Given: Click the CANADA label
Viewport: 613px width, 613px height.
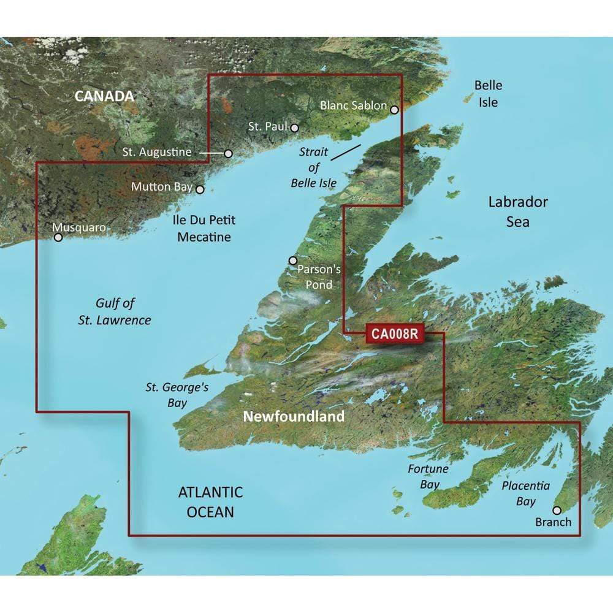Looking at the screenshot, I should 104,96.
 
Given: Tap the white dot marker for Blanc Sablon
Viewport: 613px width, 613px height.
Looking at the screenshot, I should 394,110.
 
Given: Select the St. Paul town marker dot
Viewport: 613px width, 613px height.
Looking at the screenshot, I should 295,128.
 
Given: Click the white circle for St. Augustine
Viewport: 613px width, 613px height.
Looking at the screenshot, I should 229,153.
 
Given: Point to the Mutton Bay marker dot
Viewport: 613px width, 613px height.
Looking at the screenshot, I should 199,189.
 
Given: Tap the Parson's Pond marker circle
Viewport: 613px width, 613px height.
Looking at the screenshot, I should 292,261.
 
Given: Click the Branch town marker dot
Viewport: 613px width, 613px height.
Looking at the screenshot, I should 557,510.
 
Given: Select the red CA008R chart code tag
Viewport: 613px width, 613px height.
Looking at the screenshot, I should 394,334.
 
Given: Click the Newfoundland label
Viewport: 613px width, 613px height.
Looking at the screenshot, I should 294,417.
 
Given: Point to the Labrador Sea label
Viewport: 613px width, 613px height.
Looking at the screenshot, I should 518,211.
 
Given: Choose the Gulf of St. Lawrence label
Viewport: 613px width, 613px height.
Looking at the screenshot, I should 123,311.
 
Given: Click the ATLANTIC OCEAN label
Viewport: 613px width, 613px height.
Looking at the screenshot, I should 210,501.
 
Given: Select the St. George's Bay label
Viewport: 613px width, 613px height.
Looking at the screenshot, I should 169,395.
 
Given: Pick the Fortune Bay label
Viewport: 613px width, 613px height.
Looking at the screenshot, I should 429,476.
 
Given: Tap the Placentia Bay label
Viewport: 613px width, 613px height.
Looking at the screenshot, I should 525,493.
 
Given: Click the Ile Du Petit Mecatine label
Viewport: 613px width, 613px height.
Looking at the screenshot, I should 204,228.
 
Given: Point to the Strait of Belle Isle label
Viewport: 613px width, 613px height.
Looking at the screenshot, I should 313,167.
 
